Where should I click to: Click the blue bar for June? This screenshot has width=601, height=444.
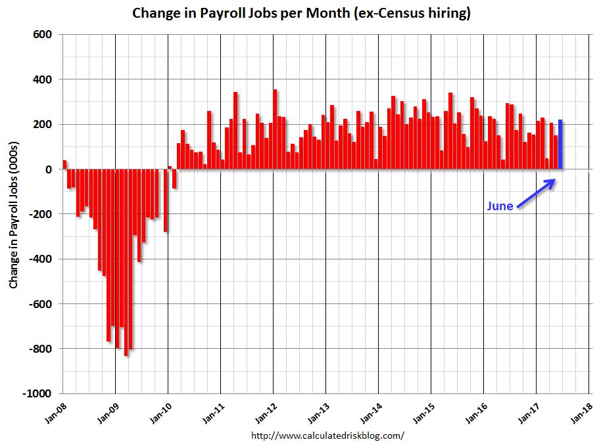[x=560, y=144]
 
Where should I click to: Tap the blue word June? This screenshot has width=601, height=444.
[x=500, y=206]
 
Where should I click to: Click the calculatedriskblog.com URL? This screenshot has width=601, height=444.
[x=328, y=435]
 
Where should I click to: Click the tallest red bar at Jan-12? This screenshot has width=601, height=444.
[x=275, y=129]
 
